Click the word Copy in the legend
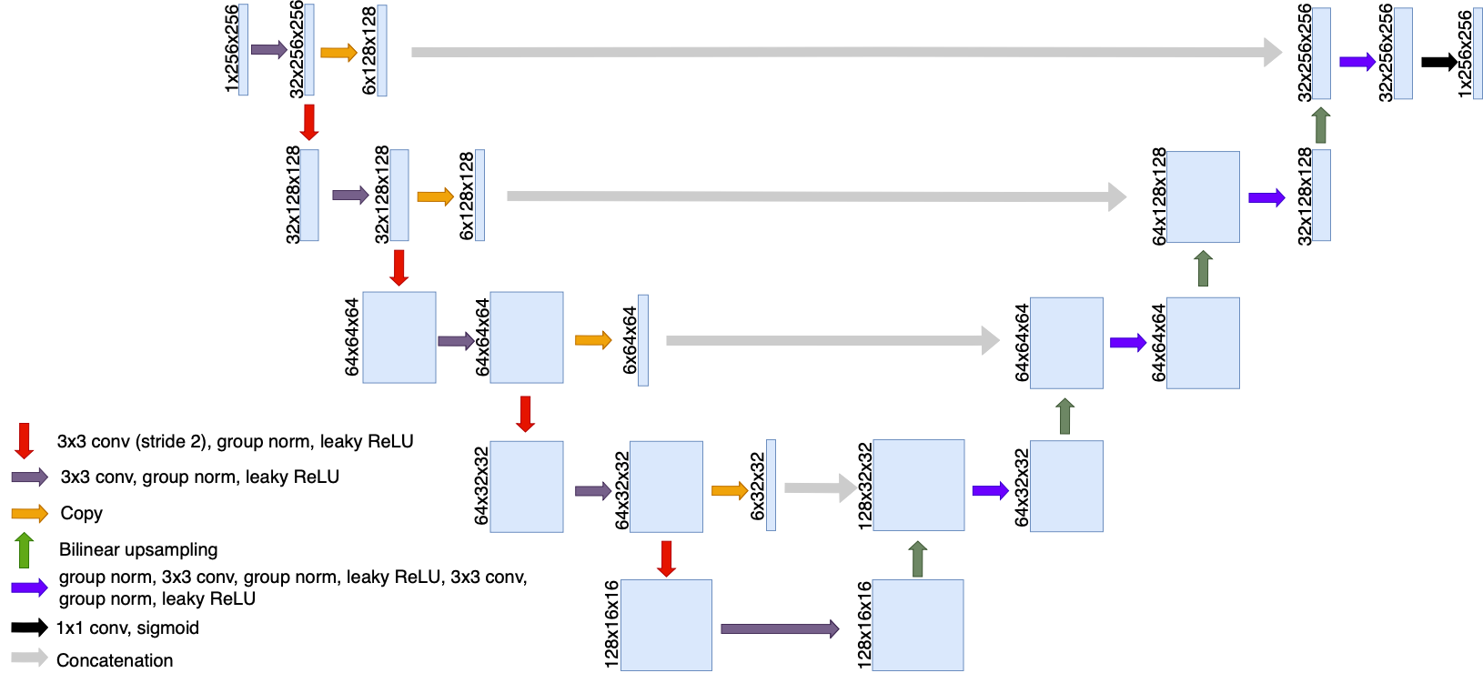[81, 514]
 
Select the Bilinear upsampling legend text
[137, 549]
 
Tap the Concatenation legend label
[114, 660]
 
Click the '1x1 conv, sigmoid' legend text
[126, 628]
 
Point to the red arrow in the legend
[25, 440]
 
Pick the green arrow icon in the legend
[25, 550]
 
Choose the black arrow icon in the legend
[29, 628]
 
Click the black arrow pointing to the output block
[1438, 62]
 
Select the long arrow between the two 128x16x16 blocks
[779, 628]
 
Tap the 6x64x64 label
[630, 340]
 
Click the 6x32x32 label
[757, 487]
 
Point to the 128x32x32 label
[864, 486]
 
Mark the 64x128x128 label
[1158, 196]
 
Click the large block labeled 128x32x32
[918, 486]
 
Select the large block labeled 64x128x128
[1203, 196]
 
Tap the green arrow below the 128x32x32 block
[918, 558]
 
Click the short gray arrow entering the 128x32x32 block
[819, 487]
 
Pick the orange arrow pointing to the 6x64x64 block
[592, 340]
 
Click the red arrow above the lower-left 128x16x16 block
[666, 558]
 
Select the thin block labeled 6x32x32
[771, 486]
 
